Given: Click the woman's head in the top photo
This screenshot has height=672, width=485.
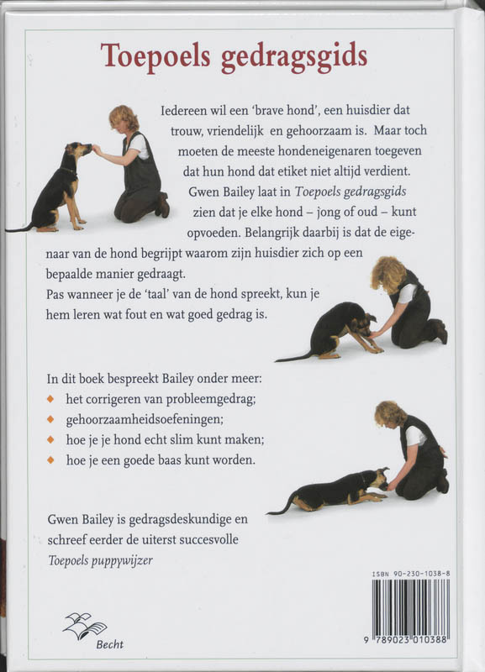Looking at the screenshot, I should click(124, 118).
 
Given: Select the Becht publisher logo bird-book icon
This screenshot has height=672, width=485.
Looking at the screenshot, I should click(85, 625).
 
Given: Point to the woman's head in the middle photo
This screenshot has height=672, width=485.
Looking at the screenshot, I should click(389, 272).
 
